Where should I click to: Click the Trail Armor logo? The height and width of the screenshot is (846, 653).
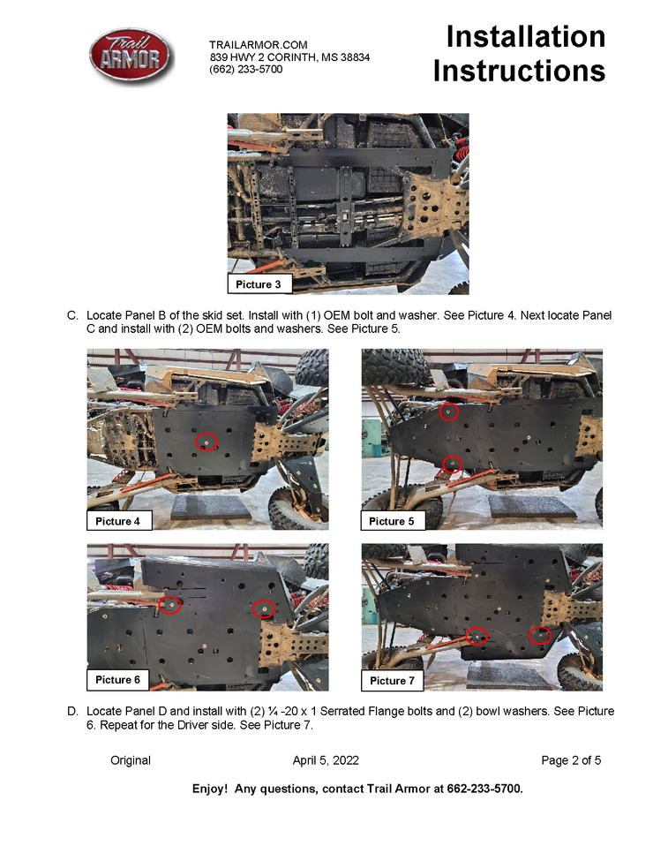(x=131, y=57)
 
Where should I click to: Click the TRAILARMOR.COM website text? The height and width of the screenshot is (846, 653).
(x=259, y=45)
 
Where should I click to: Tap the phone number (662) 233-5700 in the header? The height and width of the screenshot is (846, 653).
(x=246, y=69)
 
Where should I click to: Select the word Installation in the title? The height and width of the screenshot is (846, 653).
(x=526, y=37)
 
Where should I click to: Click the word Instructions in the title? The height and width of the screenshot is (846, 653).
(x=519, y=71)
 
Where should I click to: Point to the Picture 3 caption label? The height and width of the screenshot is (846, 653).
(x=259, y=283)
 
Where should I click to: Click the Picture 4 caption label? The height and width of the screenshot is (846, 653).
(x=118, y=521)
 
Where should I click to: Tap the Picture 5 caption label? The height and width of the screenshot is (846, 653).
(x=393, y=521)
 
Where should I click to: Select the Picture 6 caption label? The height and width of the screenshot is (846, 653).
(x=117, y=680)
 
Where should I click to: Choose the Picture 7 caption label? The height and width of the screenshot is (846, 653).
(x=392, y=680)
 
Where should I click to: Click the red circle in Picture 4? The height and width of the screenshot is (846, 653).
(x=206, y=442)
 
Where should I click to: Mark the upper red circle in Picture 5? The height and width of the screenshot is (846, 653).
(x=448, y=412)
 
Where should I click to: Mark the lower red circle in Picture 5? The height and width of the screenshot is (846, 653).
(x=452, y=464)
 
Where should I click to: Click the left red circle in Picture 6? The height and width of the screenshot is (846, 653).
(x=169, y=605)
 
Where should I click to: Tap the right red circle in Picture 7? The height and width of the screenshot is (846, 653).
(x=540, y=636)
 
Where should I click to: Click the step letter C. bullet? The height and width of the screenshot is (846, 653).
(x=72, y=315)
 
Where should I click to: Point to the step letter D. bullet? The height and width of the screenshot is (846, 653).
(x=72, y=711)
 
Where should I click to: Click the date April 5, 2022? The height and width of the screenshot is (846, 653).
(x=326, y=760)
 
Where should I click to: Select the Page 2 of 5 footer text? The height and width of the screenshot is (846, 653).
(x=571, y=760)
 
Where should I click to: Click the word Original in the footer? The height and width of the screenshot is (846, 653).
(x=131, y=760)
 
